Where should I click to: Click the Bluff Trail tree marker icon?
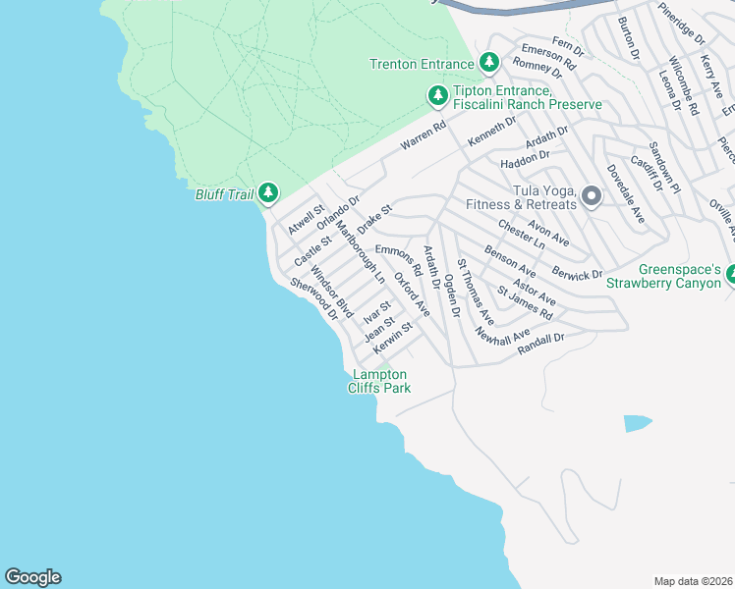click(x=267, y=193)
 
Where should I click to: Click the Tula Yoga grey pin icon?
click(x=592, y=196)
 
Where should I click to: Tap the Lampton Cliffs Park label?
click(x=379, y=382)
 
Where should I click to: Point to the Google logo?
click(x=32, y=577)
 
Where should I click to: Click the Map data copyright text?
click(x=693, y=581)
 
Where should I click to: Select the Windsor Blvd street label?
click(x=331, y=291)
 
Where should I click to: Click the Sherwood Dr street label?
click(x=313, y=297)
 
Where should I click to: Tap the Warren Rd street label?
click(x=424, y=136)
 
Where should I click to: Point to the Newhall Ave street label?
click(x=501, y=336)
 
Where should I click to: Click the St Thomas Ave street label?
click(x=476, y=294)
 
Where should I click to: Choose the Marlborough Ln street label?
click(x=360, y=252)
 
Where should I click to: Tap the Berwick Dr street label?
click(x=577, y=271)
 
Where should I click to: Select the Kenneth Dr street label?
click(x=491, y=130)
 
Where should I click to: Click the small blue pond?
click(x=637, y=423)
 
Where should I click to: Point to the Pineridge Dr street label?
click(x=682, y=23)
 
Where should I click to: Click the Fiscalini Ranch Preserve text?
click(x=526, y=104)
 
